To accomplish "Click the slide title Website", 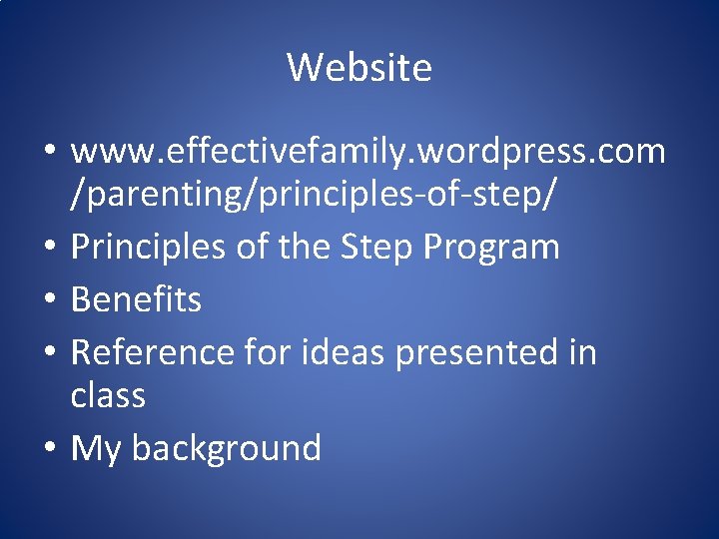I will coord(359,68).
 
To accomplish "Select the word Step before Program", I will coord(372,247).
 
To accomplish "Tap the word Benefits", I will coord(136,298).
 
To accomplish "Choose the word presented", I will coord(480,351).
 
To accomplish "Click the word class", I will coord(108,395).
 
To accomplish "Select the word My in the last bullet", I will coord(96,448).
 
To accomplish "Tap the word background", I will coord(226,448).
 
